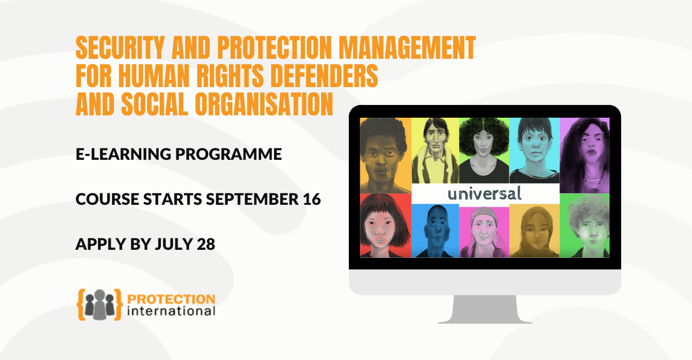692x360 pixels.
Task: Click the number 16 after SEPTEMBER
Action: click(x=312, y=199)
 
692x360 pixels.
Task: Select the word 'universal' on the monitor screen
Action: click(x=484, y=193)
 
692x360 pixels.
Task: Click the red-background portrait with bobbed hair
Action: click(x=385, y=226)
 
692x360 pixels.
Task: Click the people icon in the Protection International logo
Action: click(x=99, y=303)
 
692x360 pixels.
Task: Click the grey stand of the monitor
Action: click(x=484, y=309)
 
